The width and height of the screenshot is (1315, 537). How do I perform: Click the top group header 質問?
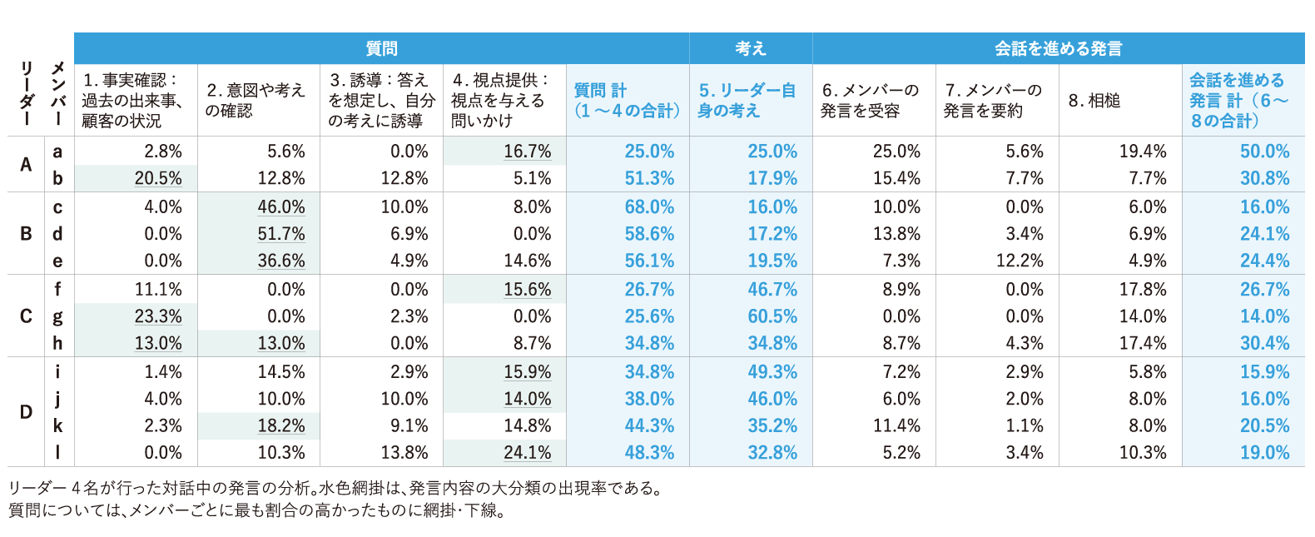click(x=381, y=49)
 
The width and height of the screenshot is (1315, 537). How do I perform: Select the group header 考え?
click(x=750, y=49)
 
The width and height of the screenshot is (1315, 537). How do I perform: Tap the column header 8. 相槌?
click(x=1094, y=101)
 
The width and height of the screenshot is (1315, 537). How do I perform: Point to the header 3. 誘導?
click(x=381, y=101)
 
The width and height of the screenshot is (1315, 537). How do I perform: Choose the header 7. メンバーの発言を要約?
click(x=995, y=101)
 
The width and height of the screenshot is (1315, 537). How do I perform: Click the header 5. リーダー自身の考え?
click(x=747, y=101)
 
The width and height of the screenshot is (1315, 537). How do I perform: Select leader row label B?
click(x=26, y=234)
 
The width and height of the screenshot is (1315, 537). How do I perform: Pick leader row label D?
click(x=26, y=412)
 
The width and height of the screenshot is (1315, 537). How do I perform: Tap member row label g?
click(x=57, y=316)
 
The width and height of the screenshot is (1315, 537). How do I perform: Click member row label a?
click(x=57, y=152)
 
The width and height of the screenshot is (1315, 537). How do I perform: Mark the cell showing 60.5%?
click(x=772, y=316)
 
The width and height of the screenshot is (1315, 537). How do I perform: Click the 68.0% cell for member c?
click(x=649, y=206)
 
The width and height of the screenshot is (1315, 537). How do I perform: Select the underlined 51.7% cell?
click(x=281, y=234)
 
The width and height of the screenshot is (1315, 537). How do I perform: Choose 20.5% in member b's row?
click(x=158, y=178)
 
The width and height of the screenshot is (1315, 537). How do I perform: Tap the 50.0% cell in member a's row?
click(x=1264, y=152)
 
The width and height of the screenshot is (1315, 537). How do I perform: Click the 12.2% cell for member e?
click(x=1020, y=261)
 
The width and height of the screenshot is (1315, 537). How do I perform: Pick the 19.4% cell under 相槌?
click(x=1143, y=152)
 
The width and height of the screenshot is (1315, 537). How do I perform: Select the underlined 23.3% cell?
click(x=158, y=316)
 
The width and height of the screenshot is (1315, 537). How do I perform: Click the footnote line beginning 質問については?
click(x=256, y=510)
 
